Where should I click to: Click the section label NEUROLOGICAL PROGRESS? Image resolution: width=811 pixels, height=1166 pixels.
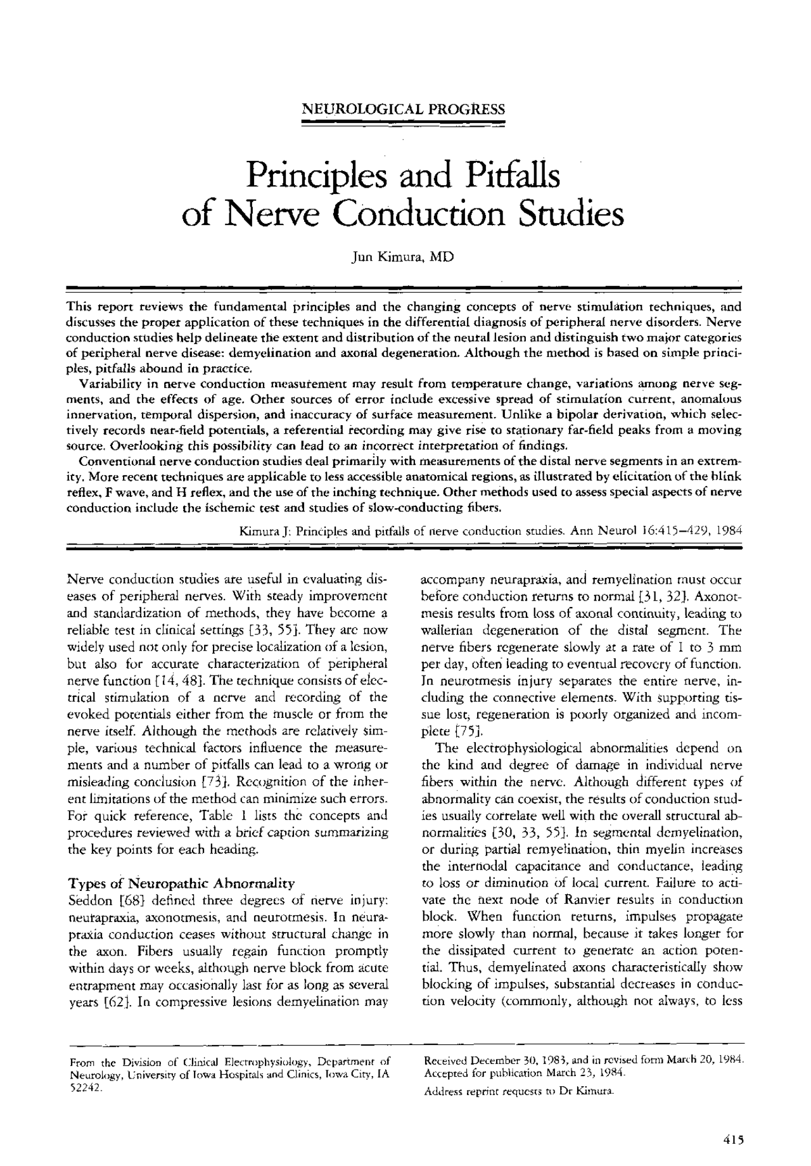(403, 108)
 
